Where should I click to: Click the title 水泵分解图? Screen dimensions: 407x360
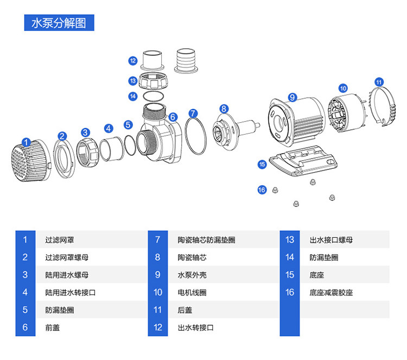pos(59,23)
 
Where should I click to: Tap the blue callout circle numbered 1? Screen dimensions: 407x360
pos(26,142)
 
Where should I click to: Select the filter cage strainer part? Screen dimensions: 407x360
pos(30,161)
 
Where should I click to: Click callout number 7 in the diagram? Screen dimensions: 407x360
pos(193,113)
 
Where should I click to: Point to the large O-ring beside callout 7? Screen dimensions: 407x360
pos(186,136)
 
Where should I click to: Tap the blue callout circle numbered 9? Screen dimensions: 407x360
pos(292,97)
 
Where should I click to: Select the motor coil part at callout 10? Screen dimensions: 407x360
pos(347,113)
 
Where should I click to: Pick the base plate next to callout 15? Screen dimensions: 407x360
pos(303,162)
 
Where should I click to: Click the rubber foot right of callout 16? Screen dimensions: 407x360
pos(275,190)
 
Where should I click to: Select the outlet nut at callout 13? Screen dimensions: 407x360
pos(152,81)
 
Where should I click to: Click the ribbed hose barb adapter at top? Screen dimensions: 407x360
pos(186,61)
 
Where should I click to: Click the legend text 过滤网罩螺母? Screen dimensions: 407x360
pos(67,257)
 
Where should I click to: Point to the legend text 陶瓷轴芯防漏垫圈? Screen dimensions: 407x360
pos(206,240)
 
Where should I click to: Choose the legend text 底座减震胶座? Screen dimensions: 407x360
pos(331,293)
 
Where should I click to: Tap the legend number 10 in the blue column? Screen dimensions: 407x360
pos(158,293)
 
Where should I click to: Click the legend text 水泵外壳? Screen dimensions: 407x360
pos(192,275)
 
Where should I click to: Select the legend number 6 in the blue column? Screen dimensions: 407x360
pos(25,327)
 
